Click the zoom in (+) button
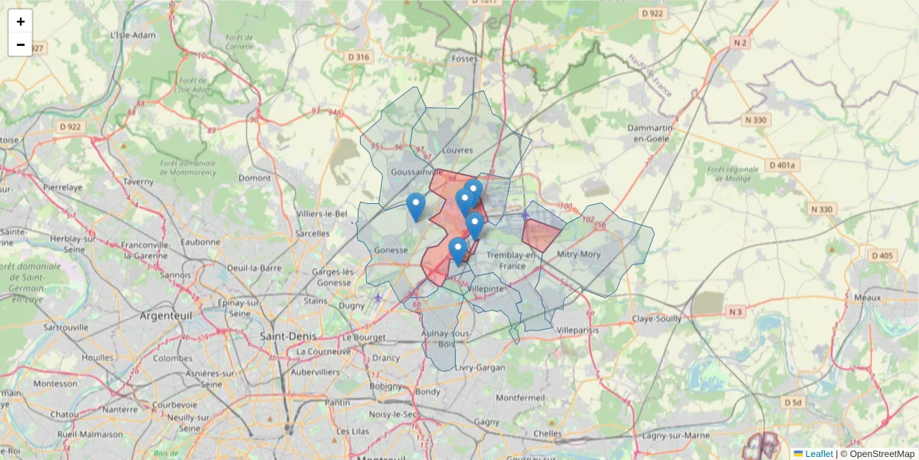(x=21, y=21)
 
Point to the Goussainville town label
(x=413, y=172)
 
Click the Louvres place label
(x=458, y=150)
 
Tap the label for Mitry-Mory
(x=579, y=254)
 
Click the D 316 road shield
(x=358, y=57)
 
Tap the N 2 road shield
(x=740, y=43)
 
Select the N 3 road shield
(x=735, y=311)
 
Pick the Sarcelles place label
(x=312, y=232)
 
